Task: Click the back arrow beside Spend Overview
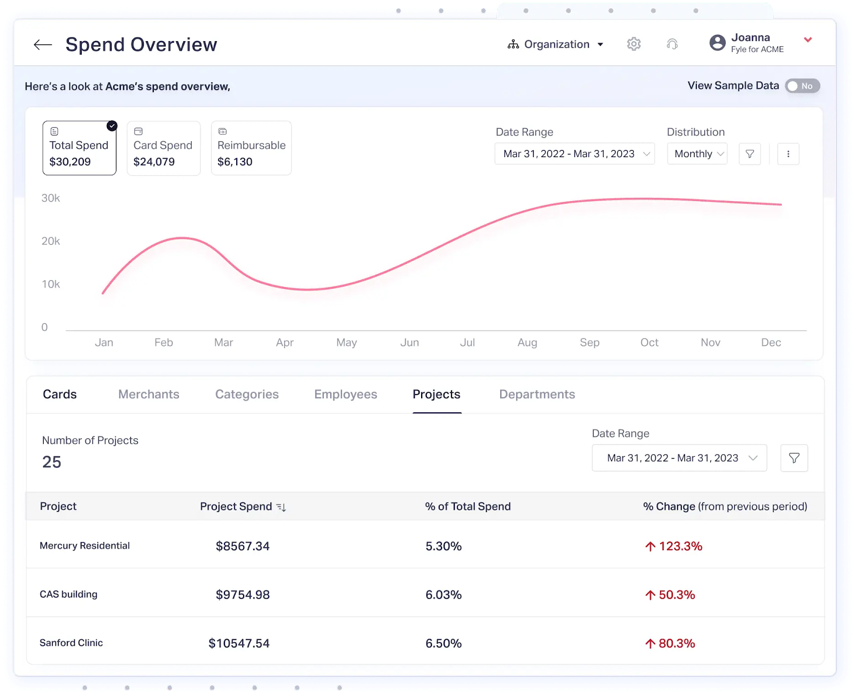[43, 45]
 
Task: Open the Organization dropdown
[556, 44]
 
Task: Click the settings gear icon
[634, 44]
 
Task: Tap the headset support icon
[672, 44]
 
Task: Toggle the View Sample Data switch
[802, 86]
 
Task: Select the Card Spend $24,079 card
[164, 148]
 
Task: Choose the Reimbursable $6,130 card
[251, 148]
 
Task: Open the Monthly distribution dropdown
[697, 154]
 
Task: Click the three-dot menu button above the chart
[788, 154]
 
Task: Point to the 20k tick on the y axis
[51, 241]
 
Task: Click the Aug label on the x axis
[527, 343]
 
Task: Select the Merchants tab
[149, 395]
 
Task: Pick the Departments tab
[537, 395]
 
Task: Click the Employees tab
[346, 395]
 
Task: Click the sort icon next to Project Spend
[281, 507]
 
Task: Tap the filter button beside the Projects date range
[794, 458]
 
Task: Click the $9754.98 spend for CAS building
[243, 595]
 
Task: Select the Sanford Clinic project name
[71, 643]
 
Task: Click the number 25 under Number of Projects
[52, 462]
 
